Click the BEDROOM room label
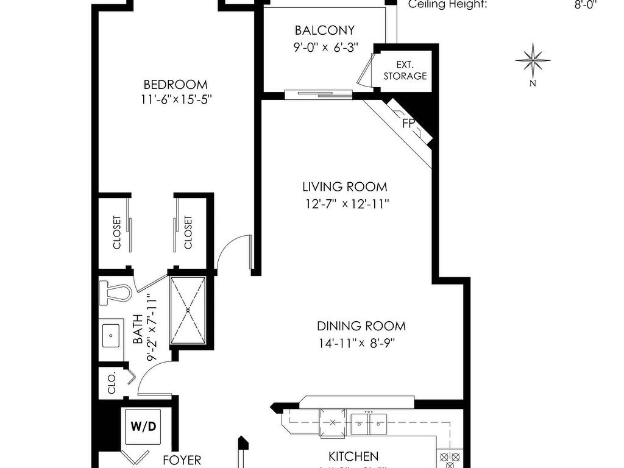click(175, 85)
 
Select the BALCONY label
click(324, 30)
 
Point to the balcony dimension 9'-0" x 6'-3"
click(324, 46)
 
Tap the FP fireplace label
click(408, 124)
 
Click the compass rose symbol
click(533, 60)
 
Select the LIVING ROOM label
click(345, 187)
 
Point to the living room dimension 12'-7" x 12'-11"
click(347, 204)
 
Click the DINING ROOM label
click(361, 326)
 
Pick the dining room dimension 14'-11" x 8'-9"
click(356, 342)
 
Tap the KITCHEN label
click(353, 456)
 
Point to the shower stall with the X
click(188, 310)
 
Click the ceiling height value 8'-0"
click(586, 5)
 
